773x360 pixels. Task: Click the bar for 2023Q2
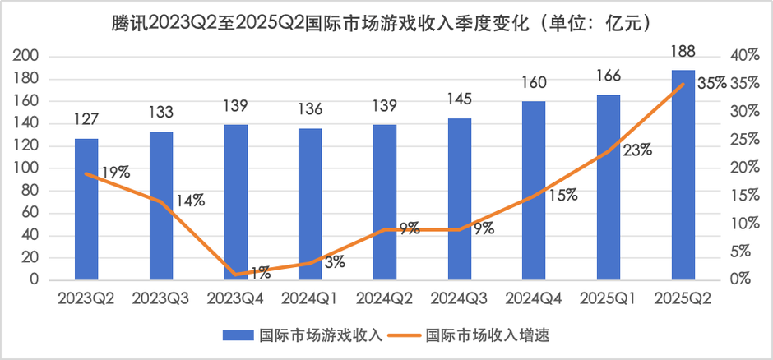(86, 209)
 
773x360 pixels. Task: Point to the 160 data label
(534, 84)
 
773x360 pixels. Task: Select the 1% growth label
(261, 271)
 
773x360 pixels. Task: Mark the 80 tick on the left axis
(30, 190)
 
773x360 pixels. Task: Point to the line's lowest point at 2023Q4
(235, 274)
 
